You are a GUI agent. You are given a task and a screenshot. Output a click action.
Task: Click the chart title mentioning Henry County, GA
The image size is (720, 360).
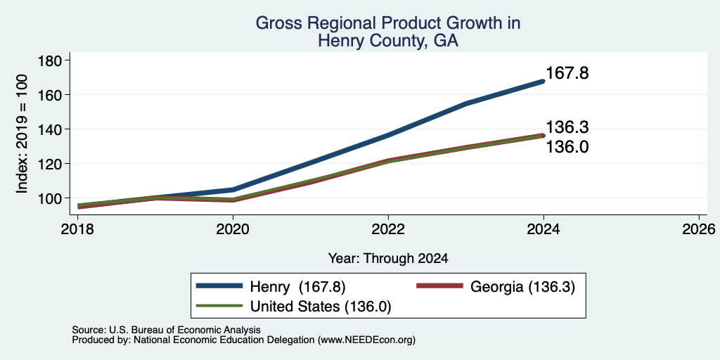point(387,32)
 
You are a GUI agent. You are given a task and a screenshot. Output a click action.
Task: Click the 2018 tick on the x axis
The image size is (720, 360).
point(77,229)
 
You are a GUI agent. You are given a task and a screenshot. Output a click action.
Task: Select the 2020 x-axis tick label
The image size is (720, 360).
point(233,229)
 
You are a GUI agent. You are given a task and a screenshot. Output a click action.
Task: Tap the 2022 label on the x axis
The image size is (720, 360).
point(388,229)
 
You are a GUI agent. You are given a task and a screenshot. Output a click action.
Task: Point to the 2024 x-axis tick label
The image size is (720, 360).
point(544,229)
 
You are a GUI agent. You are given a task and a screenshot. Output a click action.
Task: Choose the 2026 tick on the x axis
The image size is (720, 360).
point(699,229)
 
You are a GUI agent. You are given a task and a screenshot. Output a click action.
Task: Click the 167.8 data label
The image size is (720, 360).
point(567,73)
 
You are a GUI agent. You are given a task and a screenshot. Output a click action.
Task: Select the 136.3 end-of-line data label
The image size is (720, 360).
point(567,127)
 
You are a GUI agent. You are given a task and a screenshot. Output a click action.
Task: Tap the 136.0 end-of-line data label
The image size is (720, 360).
point(567,148)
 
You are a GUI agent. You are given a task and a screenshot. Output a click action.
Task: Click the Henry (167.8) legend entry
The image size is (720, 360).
point(271,287)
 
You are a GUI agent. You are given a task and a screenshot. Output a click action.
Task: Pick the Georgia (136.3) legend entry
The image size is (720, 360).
point(495,287)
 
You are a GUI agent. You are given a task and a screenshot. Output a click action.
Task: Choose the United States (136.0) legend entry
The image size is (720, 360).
point(293,307)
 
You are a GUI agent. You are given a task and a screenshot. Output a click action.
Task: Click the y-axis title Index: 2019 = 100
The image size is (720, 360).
point(22,134)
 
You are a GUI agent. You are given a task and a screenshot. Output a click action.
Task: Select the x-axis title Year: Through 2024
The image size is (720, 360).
point(388,259)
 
